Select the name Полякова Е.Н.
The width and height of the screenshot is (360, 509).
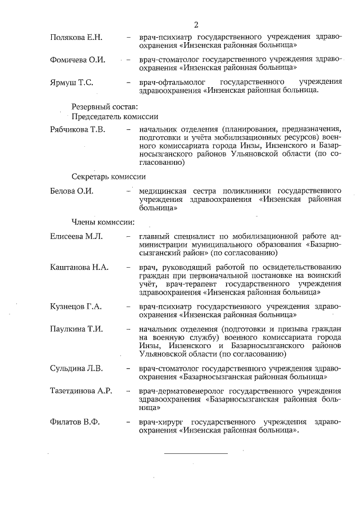tap(76, 38)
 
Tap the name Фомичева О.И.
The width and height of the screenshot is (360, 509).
tap(78, 60)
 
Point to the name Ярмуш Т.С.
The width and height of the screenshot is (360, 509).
tap(71, 82)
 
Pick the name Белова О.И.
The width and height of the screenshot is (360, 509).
tap(71, 191)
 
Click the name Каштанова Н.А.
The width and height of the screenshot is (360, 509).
tap(79, 267)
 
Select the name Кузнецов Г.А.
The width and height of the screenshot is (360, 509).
tap(75, 307)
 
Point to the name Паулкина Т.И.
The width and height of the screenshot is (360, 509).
tap(76, 328)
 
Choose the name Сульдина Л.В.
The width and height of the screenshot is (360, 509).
tap(76, 368)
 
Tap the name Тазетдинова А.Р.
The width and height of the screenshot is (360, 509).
tap(81, 391)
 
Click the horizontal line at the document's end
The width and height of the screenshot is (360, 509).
tap(196, 453)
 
